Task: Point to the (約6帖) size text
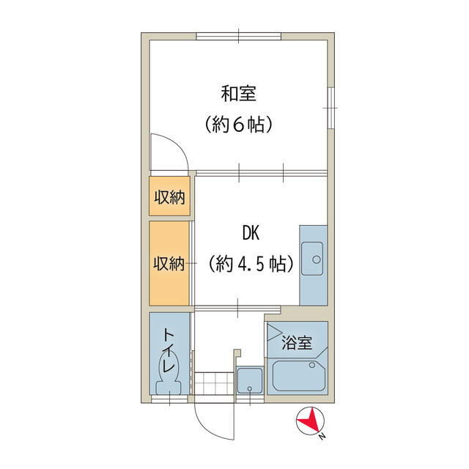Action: tap(239, 125)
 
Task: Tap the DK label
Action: tap(251, 233)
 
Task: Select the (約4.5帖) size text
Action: tap(251, 264)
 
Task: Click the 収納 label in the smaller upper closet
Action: tap(169, 196)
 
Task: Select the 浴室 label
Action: tap(298, 342)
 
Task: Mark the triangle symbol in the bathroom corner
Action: tap(275, 333)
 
